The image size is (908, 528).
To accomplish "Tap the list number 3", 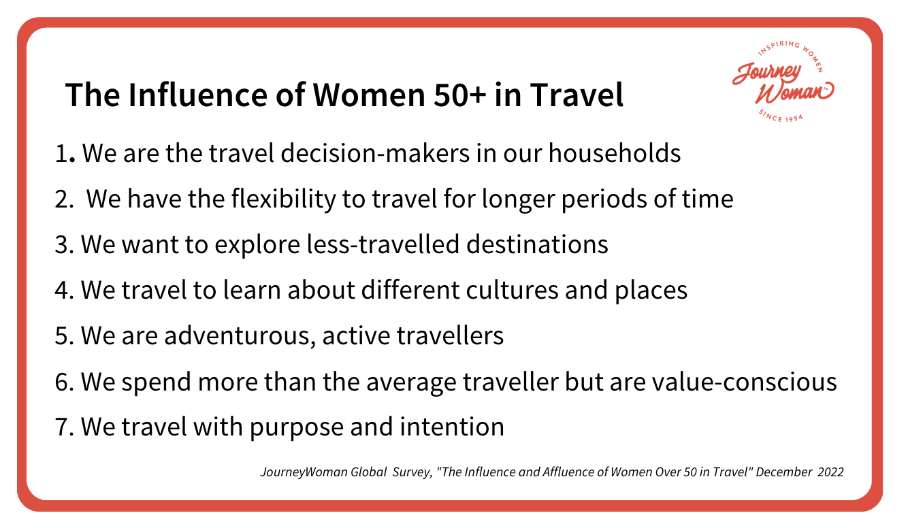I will [x=63, y=244].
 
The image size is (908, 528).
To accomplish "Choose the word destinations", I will [x=538, y=244].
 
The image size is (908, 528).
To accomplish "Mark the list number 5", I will [x=63, y=335].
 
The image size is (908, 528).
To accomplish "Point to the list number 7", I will [x=63, y=427].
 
